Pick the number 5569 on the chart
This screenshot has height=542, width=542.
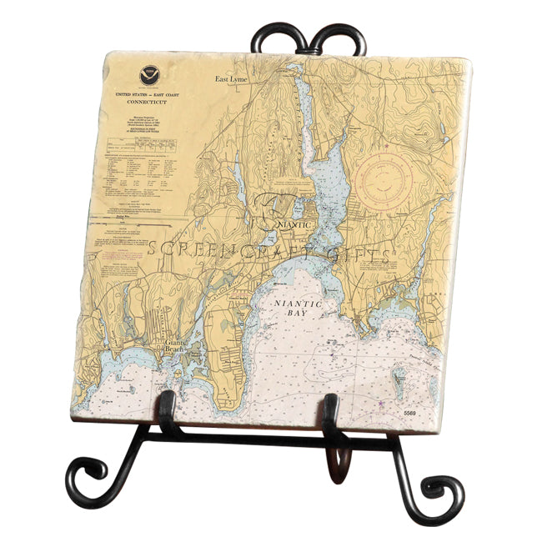coord(409,413)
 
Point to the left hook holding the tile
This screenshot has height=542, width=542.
coord(169,411)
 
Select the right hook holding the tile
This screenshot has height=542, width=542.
coord(332,414)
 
